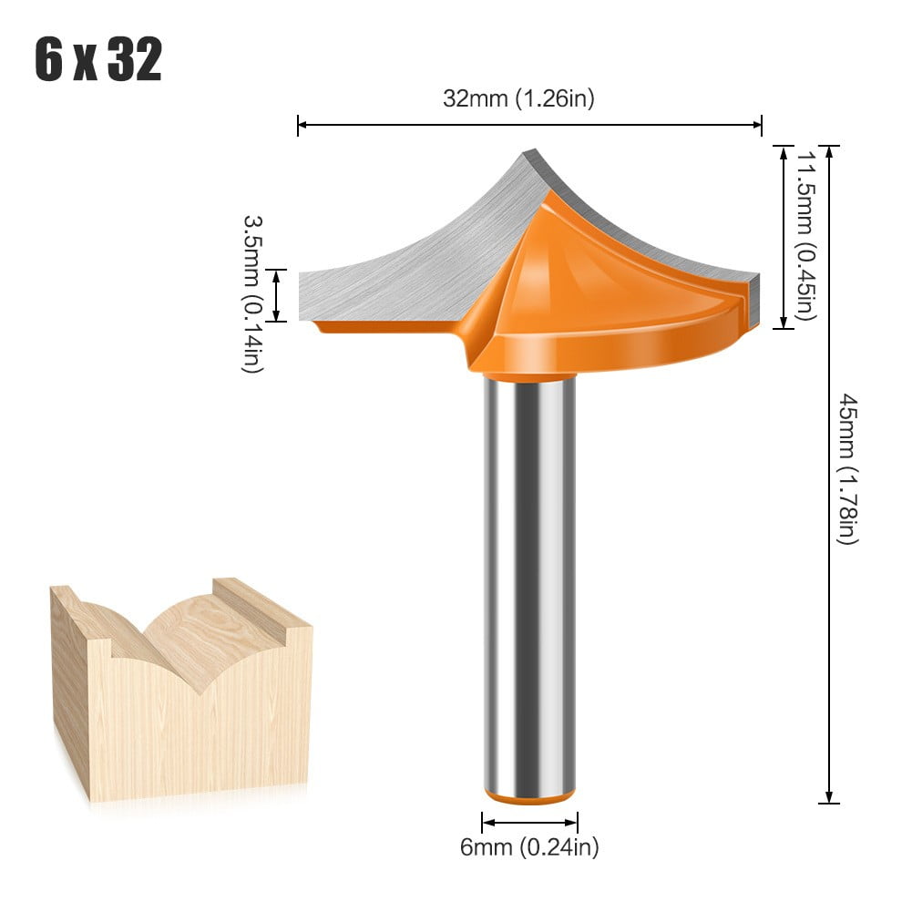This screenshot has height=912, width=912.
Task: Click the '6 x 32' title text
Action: [x=98, y=61]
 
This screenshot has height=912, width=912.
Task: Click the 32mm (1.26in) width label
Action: [x=518, y=98]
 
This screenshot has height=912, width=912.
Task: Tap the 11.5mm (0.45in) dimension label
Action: [x=804, y=235]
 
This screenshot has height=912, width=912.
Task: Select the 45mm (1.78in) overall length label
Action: [x=847, y=468]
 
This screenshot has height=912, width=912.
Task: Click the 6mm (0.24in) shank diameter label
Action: [x=529, y=848]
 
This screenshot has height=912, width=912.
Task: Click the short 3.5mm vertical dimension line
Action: [x=279, y=295]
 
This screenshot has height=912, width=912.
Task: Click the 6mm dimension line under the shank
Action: [x=529, y=822]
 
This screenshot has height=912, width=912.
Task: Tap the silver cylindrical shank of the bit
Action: [x=529, y=583]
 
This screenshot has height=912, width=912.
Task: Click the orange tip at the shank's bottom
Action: [x=529, y=796]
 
